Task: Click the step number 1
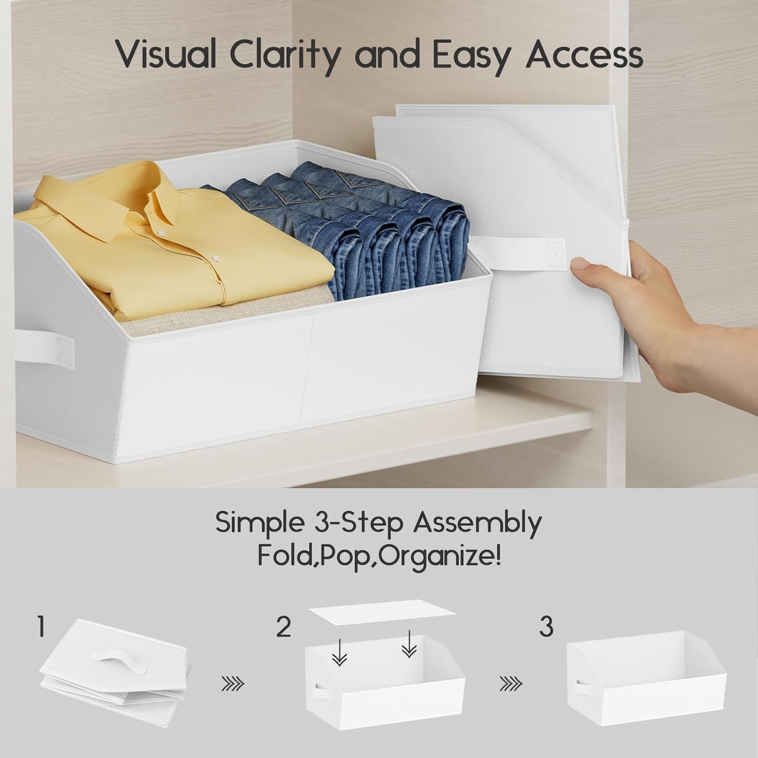[x=41, y=627]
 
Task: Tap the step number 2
[x=283, y=627]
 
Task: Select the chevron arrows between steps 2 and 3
[x=511, y=683]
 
